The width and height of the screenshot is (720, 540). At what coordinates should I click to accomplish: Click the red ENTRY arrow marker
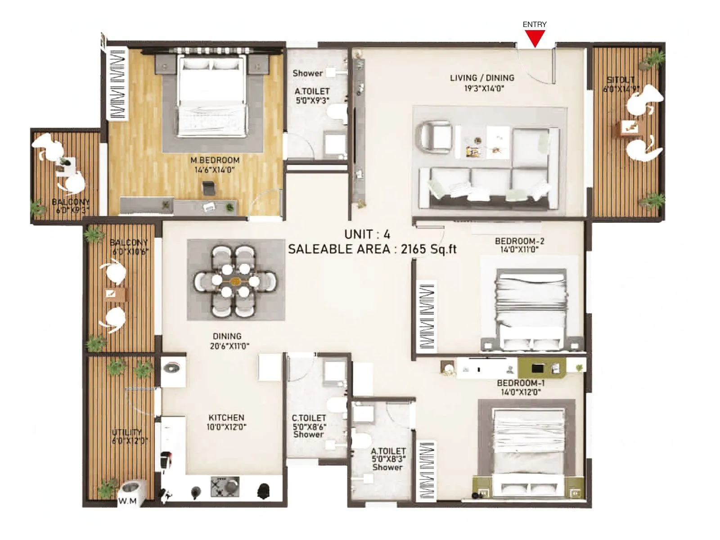coord(535,38)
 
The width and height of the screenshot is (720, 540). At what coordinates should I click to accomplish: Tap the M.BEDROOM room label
coord(215,160)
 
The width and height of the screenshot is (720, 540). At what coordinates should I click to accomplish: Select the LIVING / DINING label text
coord(482,78)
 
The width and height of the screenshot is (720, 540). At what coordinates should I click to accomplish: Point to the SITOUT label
coord(621,80)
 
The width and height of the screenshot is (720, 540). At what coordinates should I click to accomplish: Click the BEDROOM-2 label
coord(519,241)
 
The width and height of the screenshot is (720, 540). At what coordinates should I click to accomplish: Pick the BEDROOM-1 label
coord(521,383)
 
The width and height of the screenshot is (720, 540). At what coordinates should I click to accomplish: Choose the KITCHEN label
coord(226,418)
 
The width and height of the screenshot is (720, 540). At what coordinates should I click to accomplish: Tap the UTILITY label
coord(126,432)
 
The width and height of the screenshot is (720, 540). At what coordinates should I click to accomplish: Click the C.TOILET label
coord(309,418)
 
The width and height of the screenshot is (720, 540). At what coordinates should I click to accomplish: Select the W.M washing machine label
coord(127,501)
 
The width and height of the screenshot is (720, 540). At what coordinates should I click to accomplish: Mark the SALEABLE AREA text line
coord(372,249)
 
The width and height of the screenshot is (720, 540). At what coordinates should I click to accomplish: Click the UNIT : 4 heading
coord(367,234)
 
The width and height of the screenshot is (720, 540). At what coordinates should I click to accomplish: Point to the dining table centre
coord(235,281)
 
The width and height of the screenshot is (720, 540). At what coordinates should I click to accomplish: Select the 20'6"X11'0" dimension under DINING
coord(229,346)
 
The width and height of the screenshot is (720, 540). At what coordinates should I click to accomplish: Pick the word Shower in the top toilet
coord(307,73)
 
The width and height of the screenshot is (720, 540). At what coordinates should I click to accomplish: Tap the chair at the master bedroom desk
coord(208,189)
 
